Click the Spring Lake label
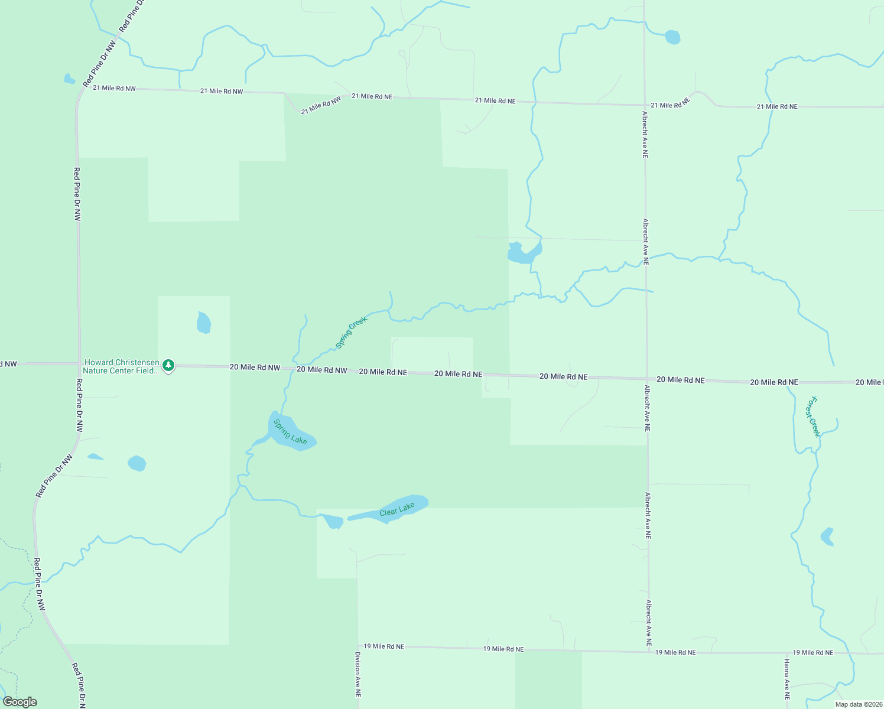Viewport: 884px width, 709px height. pyautogui.click(x=290, y=432)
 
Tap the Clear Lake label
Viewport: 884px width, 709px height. pyautogui.click(x=397, y=509)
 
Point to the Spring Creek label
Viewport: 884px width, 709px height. pyautogui.click(x=352, y=332)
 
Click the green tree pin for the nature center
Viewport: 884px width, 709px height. pyautogui.click(x=168, y=366)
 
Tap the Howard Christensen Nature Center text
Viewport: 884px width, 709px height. pyautogui.click(x=121, y=366)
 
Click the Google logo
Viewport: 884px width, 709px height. pyautogui.click(x=20, y=702)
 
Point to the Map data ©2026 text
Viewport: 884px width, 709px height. pyautogui.click(x=859, y=704)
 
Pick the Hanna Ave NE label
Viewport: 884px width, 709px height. pyautogui.click(x=787, y=679)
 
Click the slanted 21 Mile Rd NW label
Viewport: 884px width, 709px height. pyautogui.click(x=321, y=105)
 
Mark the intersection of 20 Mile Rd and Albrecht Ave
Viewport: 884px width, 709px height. pyautogui.click(x=647, y=379)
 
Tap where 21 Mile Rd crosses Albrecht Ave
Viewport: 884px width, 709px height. pyautogui.click(x=644, y=105)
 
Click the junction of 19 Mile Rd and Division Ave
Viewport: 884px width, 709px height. pyautogui.click(x=357, y=647)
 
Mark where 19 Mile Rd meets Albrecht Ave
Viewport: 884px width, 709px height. pyautogui.click(x=649, y=652)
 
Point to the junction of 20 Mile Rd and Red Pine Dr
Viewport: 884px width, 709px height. pyautogui.click(x=79, y=364)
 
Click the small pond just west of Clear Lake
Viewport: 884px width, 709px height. pyautogui.click(x=333, y=522)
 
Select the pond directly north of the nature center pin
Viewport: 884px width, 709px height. pyautogui.click(x=203, y=323)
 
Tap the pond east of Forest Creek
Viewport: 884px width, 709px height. pyautogui.click(x=827, y=536)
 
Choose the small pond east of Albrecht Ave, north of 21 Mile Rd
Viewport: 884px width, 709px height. pyautogui.click(x=672, y=37)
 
